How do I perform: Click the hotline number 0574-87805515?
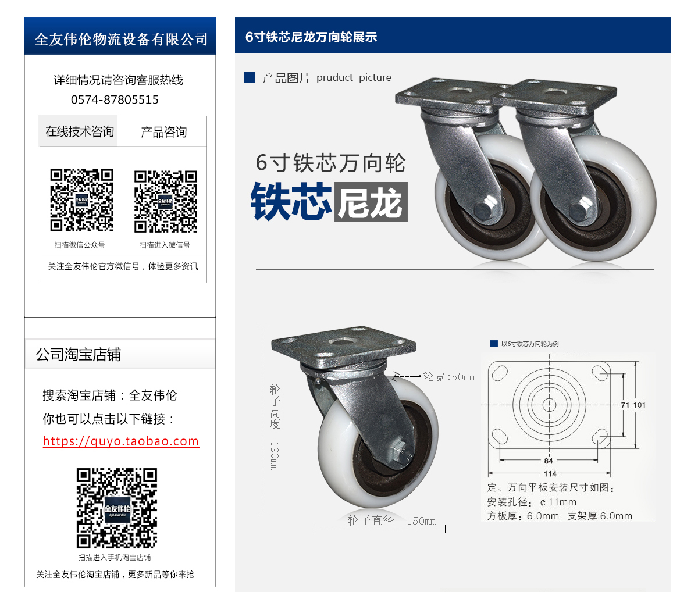[115, 99]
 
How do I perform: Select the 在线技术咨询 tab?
[79, 131]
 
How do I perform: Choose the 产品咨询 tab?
[163, 131]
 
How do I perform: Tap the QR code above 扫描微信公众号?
[81, 200]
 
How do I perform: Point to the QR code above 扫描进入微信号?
[165, 201]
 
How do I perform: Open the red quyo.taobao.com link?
[121, 441]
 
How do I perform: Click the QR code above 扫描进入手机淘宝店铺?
[117, 508]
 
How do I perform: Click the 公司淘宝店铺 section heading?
[79, 355]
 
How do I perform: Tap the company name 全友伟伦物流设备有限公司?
[121, 39]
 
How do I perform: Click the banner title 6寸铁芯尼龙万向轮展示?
[311, 37]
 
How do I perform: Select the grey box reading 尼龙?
[371, 202]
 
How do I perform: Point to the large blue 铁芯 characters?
[291, 202]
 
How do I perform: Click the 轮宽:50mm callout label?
[449, 377]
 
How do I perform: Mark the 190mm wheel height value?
[274, 455]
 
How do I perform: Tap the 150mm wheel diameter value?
[421, 520]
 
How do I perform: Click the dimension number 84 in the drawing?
[549, 461]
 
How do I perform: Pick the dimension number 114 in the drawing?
[550, 473]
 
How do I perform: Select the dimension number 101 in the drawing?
[639, 405]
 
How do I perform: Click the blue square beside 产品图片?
[250, 78]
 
